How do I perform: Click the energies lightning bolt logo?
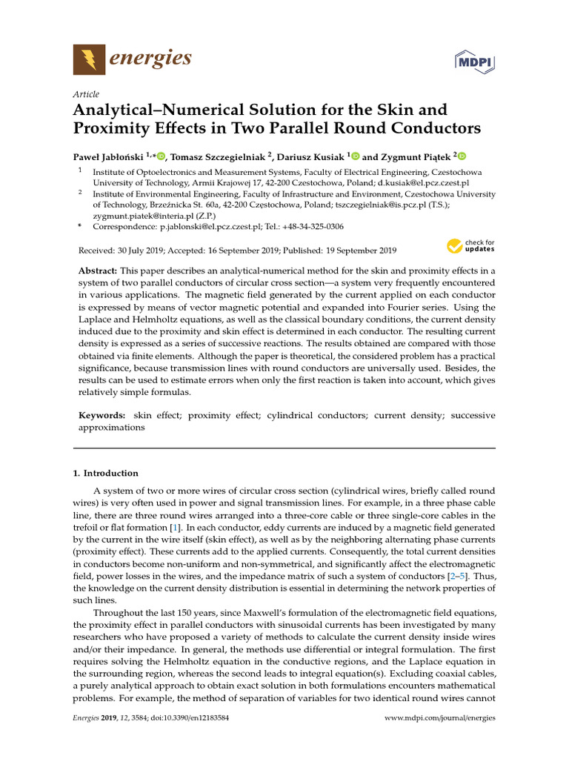(x=88, y=58)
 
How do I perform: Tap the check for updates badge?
(x=470, y=245)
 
